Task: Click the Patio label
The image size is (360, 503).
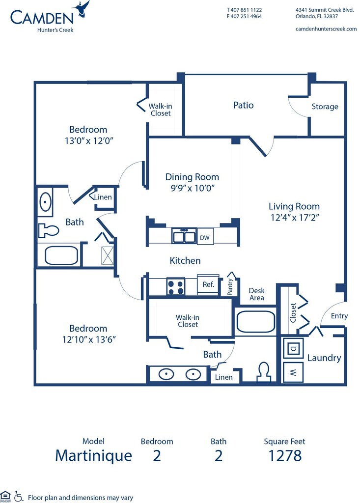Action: pyautogui.click(x=243, y=105)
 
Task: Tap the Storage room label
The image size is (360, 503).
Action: pyautogui.click(x=325, y=107)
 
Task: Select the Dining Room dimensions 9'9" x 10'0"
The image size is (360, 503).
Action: pyautogui.click(x=192, y=188)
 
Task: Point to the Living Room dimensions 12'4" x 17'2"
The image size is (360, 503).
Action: pyautogui.click(x=294, y=217)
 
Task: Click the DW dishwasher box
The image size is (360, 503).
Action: pyautogui.click(x=204, y=237)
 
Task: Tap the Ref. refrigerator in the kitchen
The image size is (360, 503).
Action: pyautogui.click(x=208, y=284)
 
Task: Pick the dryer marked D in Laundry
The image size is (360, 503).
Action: pyautogui.click(x=293, y=348)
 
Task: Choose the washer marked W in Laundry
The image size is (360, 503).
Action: pyautogui.click(x=293, y=372)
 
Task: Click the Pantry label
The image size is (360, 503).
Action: pyautogui.click(x=230, y=287)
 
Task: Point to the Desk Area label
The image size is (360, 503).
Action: pyautogui.click(x=256, y=294)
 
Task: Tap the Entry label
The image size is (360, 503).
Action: pyautogui.click(x=339, y=316)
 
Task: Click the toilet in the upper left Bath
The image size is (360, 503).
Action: pyautogui.click(x=48, y=230)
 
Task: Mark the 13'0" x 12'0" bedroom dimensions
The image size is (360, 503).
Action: pyautogui.click(x=88, y=140)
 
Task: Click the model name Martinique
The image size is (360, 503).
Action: pyautogui.click(x=93, y=455)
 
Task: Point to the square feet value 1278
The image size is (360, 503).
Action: pyautogui.click(x=285, y=455)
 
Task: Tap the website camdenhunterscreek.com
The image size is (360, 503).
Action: pyautogui.click(x=326, y=29)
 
